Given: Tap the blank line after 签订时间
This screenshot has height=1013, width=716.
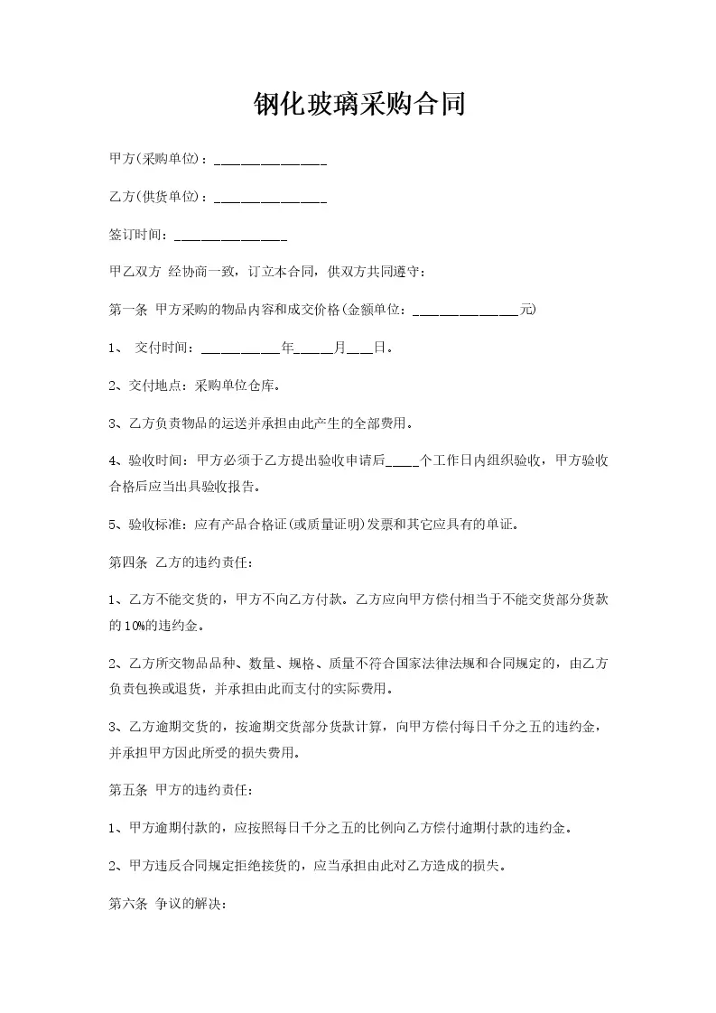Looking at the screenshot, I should click(230, 237).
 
